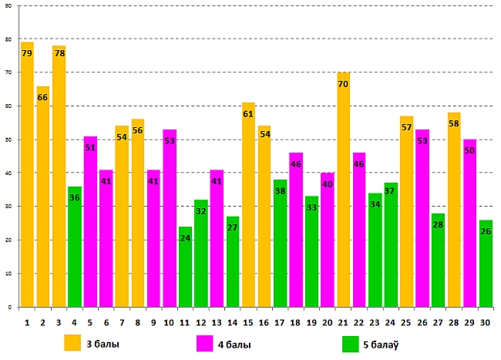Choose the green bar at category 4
pyautogui.click(x=75, y=247)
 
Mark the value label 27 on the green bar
pyautogui.click(x=233, y=227)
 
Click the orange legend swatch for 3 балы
pyautogui.click(x=73, y=343)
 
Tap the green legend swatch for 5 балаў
pyautogui.click(x=350, y=343)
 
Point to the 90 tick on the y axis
pyautogui.click(x=7, y=6)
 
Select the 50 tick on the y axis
pyautogui.click(x=7, y=140)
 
